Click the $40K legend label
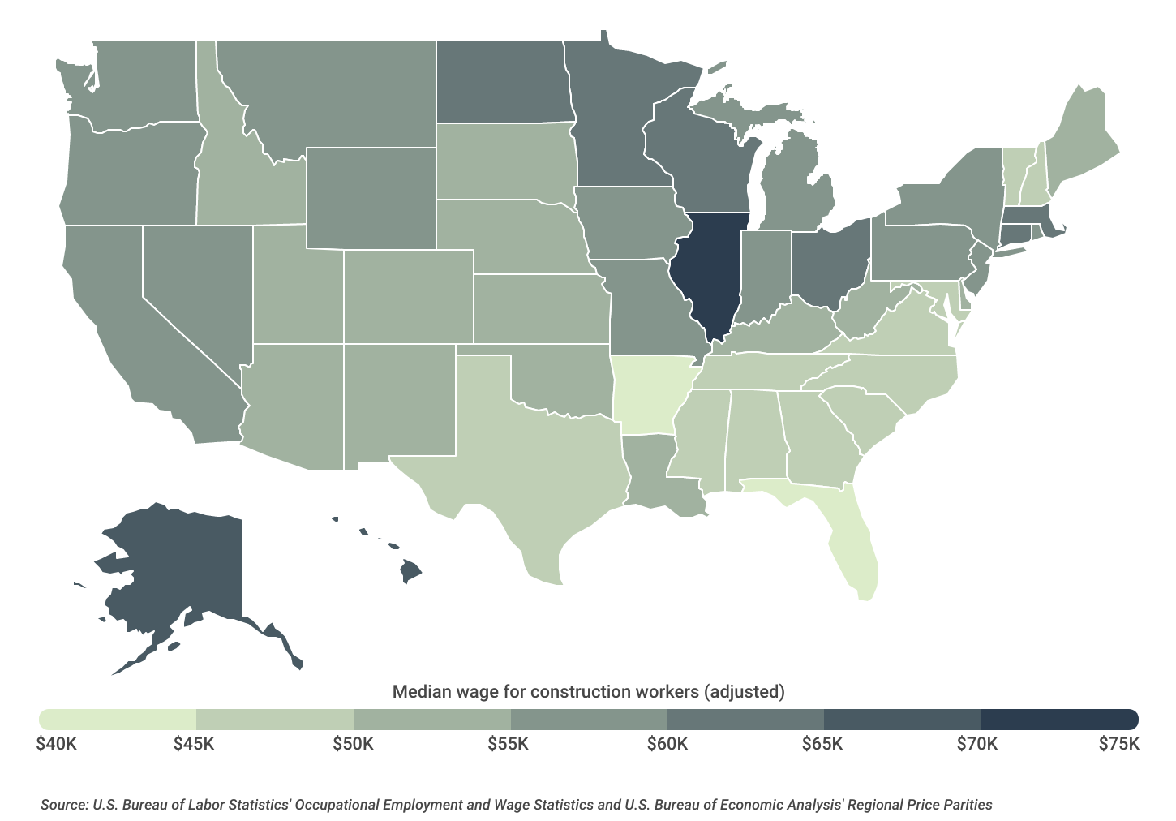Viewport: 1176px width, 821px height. point(57,744)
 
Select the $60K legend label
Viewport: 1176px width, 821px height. point(667,744)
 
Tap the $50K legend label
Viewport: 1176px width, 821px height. point(354,744)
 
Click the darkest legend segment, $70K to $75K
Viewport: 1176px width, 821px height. point(1058,719)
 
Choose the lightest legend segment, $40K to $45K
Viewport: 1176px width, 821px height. point(118,719)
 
